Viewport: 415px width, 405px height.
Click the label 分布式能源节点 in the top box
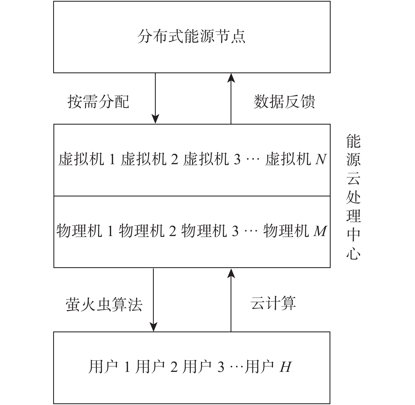(191, 36)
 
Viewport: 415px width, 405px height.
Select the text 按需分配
(98, 102)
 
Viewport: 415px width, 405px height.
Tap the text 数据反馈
(284, 102)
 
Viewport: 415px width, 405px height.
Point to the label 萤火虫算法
(104, 305)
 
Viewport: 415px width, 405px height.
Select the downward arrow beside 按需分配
(155, 98)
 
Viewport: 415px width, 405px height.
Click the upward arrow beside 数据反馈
(231, 99)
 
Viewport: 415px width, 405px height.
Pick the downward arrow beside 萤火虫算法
(153, 300)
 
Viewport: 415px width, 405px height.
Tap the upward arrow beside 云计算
(231, 300)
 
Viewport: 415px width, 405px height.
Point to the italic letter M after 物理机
(320, 231)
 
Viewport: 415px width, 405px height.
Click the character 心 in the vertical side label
(353, 253)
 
